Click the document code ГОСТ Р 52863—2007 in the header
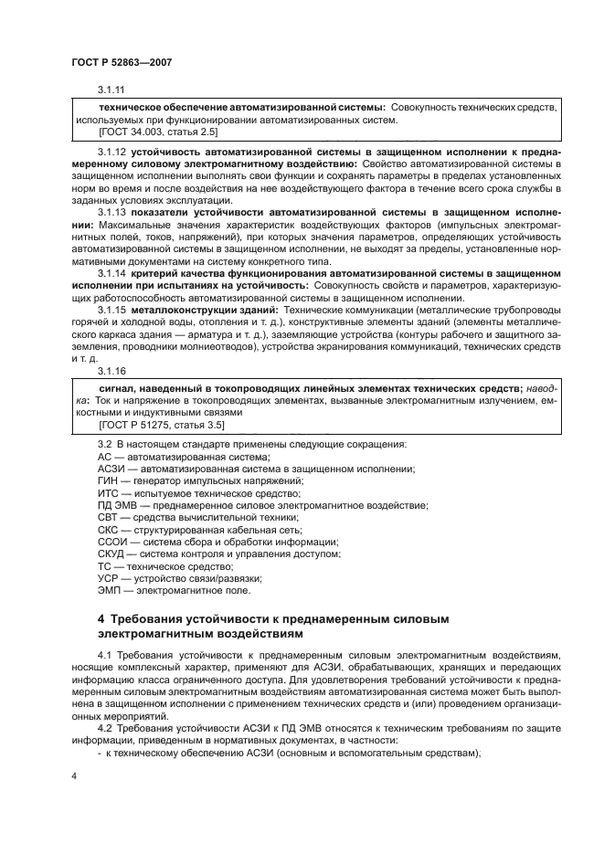click(x=122, y=61)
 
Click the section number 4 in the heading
click(x=101, y=620)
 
